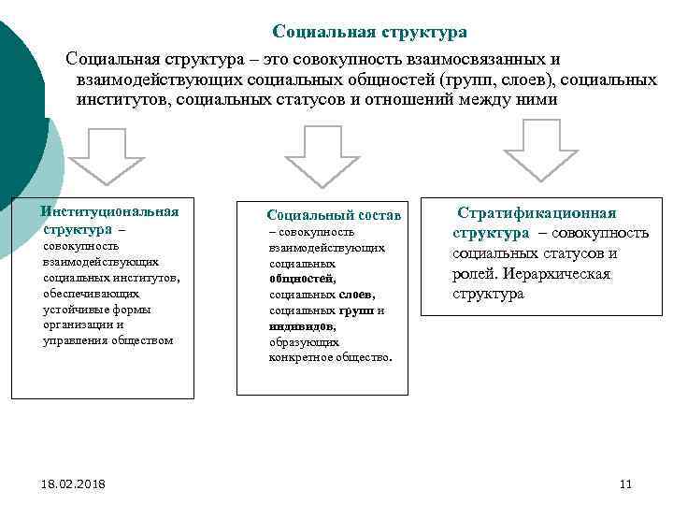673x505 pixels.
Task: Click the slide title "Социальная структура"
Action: tap(369, 33)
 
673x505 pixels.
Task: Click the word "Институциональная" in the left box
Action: tap(110, 211)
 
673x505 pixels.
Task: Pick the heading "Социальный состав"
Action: tap(333, 216)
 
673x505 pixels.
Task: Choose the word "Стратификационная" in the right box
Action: tap(537, 213)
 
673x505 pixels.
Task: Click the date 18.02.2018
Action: tap(73, 483)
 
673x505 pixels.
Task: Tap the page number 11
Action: tap(626, 483)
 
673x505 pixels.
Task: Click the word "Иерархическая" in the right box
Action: tap(556, 274)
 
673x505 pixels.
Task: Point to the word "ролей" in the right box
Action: tap(474, 274)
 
